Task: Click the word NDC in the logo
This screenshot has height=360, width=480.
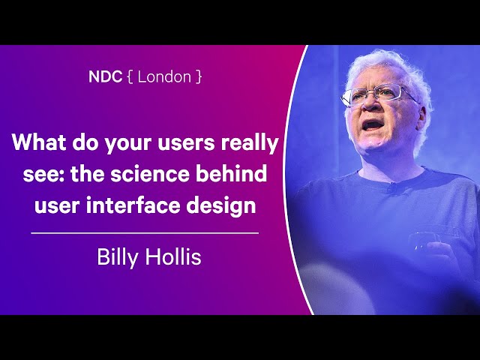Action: click(105, 76)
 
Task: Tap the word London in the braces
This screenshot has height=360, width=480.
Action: click(164, 76)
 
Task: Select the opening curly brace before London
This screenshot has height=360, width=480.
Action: click(130, 76)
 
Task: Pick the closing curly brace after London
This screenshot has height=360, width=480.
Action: click(199, 76)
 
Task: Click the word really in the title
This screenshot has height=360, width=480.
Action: click(250, 144)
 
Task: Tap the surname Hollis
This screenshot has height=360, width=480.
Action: click(173, 256)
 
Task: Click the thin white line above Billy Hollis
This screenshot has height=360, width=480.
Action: click(145, 233)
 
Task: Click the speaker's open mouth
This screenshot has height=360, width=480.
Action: click(372, 125)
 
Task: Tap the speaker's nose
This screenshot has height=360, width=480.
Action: click(370, 104)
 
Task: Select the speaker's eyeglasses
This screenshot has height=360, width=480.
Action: click(378, 95)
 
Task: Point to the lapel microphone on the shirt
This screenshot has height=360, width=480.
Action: click(392, 188)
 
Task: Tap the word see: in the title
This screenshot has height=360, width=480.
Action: click(43, 175)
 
